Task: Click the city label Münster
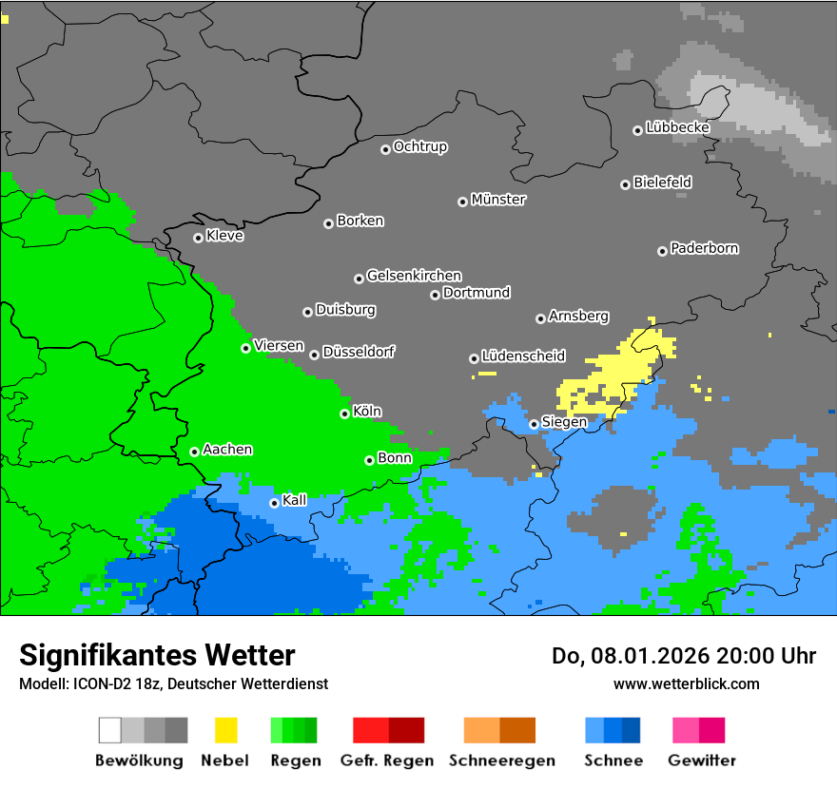click(x=498, y=200)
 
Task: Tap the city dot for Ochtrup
click(x=385, y=148)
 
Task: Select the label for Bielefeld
click(x=662, y=182)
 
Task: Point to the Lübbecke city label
click(x=677, y=127)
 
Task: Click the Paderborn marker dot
click(x=662, y=251)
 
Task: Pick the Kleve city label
click(x=224, y=236)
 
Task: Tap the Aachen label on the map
click(x=227, y=449)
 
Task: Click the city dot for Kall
click(x=274, y=503)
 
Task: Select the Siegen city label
click(x=564, y=422)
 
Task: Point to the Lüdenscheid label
click(x=523, y=356)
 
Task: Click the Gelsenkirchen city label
click(x=414, y=276)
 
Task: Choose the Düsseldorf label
click(x=359, y=352)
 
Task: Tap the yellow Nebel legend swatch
click(x=225, y=730)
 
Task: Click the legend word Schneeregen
click(x=500, y=760)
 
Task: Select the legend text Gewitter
click(x=702, y=760)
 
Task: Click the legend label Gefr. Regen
click(x=387, y=760)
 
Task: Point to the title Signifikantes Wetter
click(x=157, y=655)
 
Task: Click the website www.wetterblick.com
click(x=686, y=683)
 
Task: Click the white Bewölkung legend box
click(x=110, y=730)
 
